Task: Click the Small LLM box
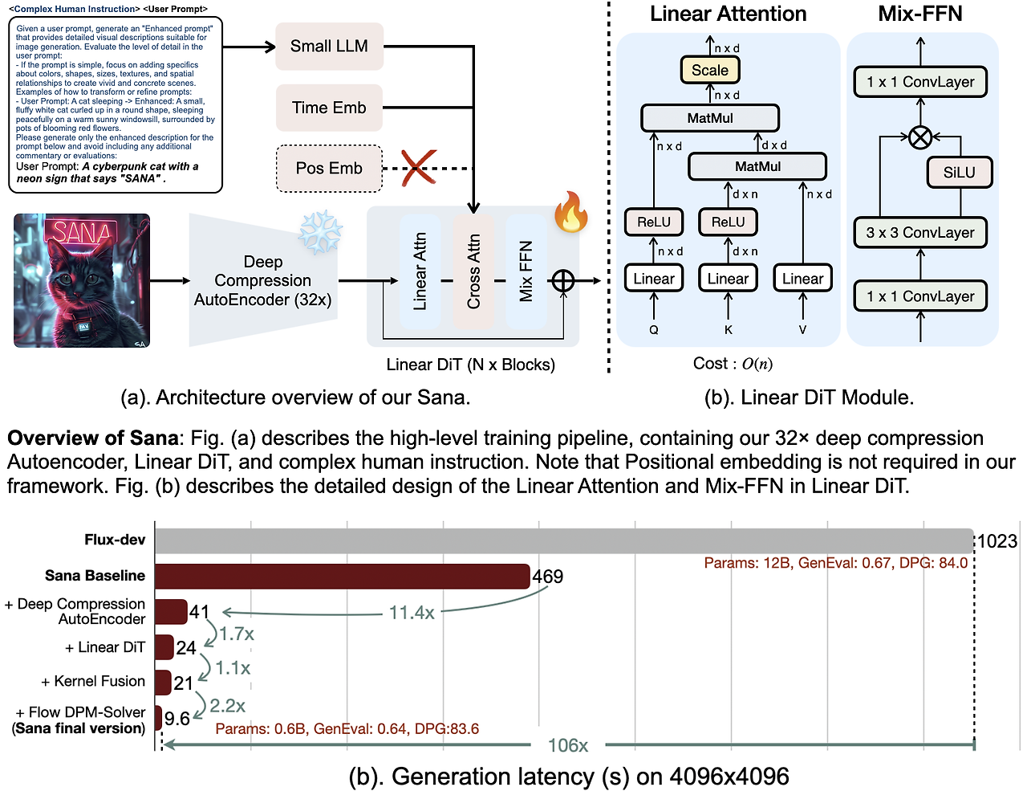pos(329,47)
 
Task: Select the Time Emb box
pos(329,108)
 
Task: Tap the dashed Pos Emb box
pos(329,168)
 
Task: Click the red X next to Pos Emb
pos(419,168)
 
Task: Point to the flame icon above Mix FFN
pos(570,213)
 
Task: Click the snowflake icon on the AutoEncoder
pos(320,233)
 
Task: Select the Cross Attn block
pos(473,271)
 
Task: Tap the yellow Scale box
pos(710,71)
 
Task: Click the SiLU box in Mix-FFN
pos(959,173)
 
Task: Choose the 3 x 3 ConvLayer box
pos(920,233)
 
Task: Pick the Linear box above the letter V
pos(802,279)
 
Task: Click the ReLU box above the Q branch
pos(654,222)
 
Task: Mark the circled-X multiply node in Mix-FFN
pos(920,137)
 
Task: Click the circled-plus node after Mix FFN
pos(563,280)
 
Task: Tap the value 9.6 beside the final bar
pos(177,719)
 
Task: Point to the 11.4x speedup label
pos(412,613)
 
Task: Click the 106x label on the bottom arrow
pos(568,745)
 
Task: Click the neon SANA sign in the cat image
pos(81,233)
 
